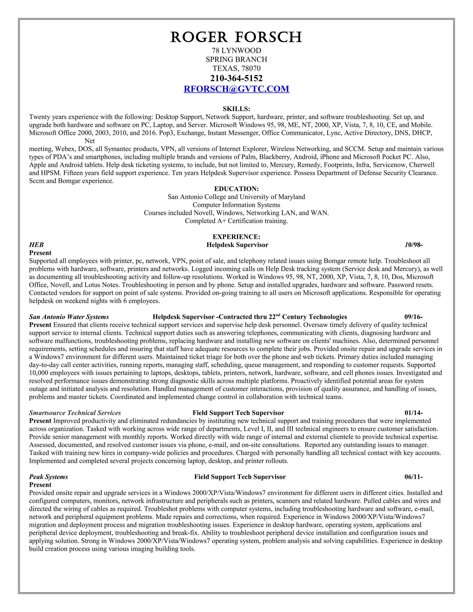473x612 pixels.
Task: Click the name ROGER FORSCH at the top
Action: click(x=236, y=37)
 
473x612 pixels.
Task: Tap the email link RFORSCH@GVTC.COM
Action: click(x=236, y=89)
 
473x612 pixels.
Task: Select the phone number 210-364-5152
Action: click(x=236, y=78)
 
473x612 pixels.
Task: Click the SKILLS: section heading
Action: click(x=236, y=109)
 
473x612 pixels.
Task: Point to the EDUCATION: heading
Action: click(x=236, y=189)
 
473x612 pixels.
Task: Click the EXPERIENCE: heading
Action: click(x=236, y=237)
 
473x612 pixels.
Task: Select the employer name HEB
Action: click(x=36, y=245)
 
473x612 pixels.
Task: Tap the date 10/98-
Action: click(x=413, y=245)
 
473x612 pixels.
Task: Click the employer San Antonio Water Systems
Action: click(x=69, y=317)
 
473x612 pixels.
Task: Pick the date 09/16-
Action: click(x=413, y=317)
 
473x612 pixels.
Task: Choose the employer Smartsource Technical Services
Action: click(x=75, y=413)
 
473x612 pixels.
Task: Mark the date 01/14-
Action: click(x=413, y=413)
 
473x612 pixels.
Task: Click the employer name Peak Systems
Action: click(x=49, y=477)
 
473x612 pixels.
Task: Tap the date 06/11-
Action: click(x=413, y=477)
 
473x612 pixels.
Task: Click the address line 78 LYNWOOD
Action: click(x=236, y=51)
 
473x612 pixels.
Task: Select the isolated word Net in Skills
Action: click(x=90, y=141)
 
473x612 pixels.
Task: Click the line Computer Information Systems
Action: click(x=236, y=205)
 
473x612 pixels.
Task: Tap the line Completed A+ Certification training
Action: click(x=236, y=221)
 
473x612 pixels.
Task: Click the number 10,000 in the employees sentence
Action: click(x=39, y=373)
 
